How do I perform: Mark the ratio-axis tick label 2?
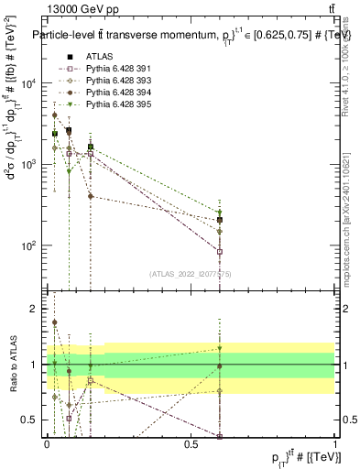pos(34,309)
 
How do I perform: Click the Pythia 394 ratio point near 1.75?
pos(55,322)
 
